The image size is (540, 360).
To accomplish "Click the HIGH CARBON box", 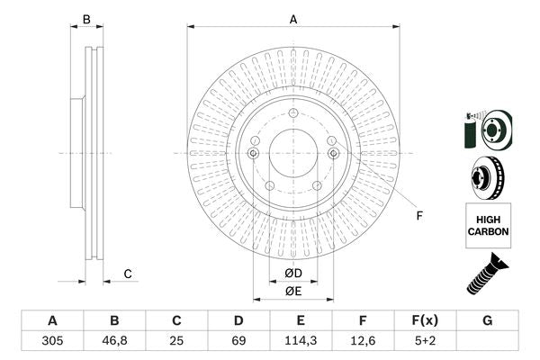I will click(x=488, y=225).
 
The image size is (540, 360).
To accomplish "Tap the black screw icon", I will click(x=486, y=274).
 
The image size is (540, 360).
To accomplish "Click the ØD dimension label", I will click(x=293, y=273).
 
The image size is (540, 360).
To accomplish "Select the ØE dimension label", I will click(x=293, y=291).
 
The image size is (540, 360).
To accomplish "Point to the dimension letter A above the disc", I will click(x=293, y=19).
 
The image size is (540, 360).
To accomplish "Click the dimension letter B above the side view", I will click(x=87, y=19).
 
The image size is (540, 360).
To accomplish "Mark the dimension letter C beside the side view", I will click(x=128, y=274).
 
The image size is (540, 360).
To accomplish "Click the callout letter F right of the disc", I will click(x=418, y=215).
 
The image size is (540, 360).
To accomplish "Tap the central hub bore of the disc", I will click(x=293, y=153).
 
